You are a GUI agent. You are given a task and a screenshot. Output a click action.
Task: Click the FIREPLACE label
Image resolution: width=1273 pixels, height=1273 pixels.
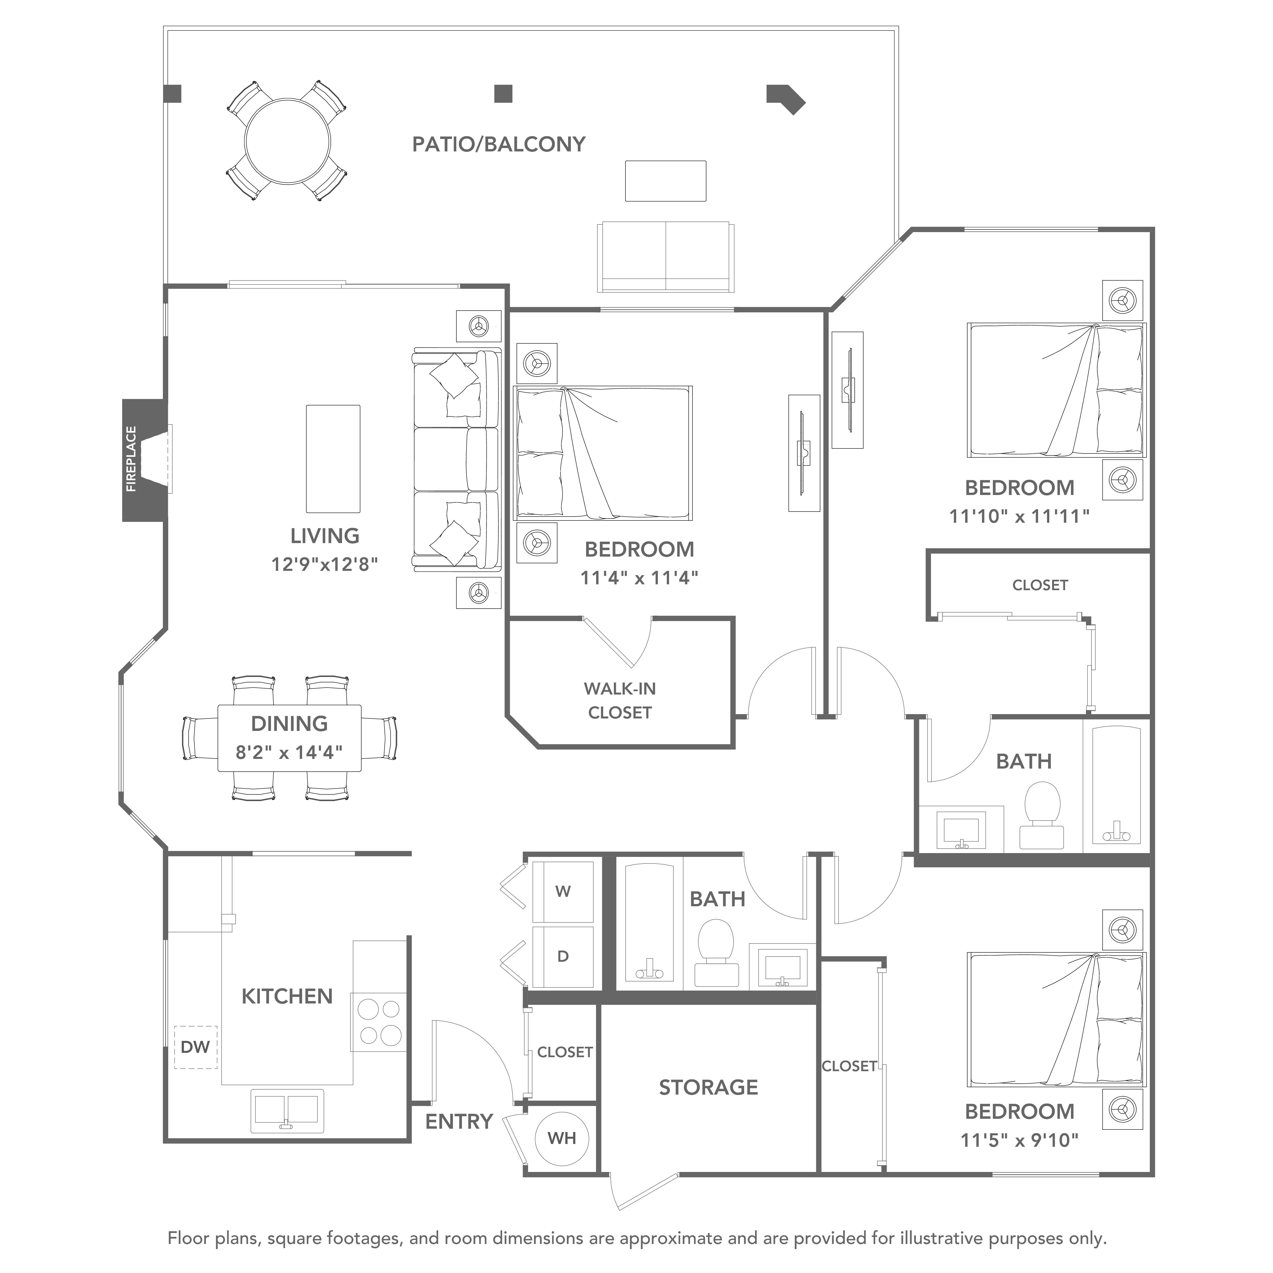(131, 459)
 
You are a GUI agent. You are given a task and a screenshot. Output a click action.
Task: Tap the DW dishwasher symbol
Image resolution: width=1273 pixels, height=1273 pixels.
(196, 1047)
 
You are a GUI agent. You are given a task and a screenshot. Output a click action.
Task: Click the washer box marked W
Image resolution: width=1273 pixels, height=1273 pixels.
(563, 892)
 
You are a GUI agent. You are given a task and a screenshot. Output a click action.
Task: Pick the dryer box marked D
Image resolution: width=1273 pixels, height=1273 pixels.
(563, 956)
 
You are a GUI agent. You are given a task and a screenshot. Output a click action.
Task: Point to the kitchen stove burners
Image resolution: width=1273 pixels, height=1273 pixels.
(379, 1022)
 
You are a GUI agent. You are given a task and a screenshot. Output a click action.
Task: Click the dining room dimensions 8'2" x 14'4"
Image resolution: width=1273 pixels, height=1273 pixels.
(289, 752)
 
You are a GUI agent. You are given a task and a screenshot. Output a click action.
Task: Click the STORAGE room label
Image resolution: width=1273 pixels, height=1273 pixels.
(708, 1087)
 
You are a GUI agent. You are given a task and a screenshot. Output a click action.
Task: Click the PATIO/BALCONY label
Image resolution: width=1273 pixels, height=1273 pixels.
(499, 144)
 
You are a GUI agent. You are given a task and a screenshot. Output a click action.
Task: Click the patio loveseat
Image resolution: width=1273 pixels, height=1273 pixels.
(666, 257)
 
